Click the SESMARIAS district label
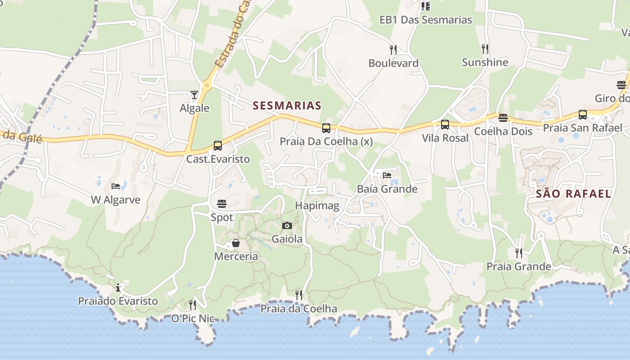(287, 106)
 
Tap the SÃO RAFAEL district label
(574, 194)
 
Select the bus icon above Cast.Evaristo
(218, 146)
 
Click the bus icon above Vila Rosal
(445, 125)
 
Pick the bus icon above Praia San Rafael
(583, 115)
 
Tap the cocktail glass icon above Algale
(194, 95)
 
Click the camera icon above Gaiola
(287, 225)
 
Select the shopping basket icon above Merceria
(235, 243)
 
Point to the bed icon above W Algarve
(116, 186)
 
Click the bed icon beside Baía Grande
(387, 175)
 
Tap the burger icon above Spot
(221, 204)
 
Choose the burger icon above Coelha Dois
(503, 118)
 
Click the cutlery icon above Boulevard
(393, 49)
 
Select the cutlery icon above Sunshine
(485, 49)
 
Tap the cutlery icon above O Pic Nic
(193, 305)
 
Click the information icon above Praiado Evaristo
(118, 288)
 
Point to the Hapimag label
(317, 206)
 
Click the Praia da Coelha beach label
(299, 309)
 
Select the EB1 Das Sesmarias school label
(426, 20)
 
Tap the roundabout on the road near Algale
(207, 84)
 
